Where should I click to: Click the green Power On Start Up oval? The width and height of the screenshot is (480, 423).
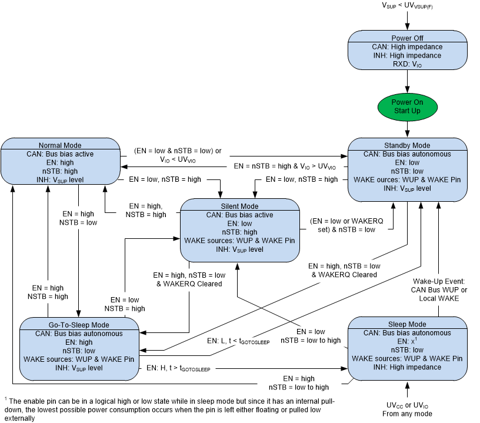click(408, 106)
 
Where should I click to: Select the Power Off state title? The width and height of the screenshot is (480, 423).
click(408, 38)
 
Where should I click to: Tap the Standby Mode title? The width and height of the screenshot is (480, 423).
click(408, 145)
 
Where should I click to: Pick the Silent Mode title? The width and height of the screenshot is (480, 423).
click(239, 206)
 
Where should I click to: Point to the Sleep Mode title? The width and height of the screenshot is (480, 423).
click(407, 324)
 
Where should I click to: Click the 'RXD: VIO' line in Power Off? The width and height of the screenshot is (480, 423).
click(408, 64)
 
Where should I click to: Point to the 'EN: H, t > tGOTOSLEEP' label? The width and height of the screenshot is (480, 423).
click(178, 368)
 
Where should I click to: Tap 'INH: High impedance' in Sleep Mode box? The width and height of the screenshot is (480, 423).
click(407, 367)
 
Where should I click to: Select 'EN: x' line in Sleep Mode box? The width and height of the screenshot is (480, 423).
click(407, 341)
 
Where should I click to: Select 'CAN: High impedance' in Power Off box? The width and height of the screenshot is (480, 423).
click(408, 47)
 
